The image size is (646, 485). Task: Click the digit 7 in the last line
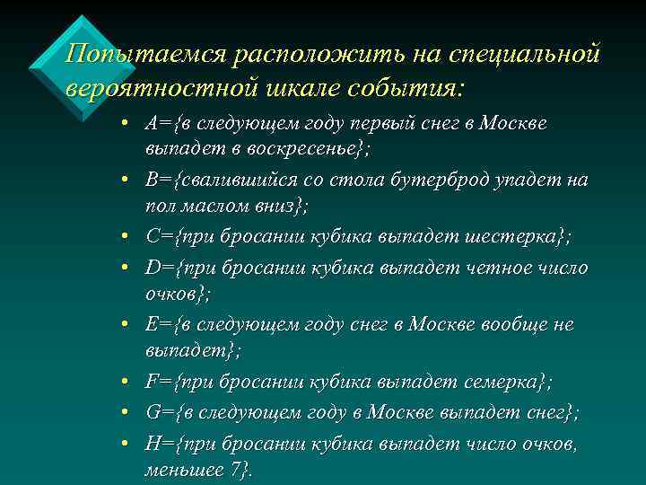(235, 469)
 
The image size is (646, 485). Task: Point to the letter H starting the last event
(152, 444)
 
